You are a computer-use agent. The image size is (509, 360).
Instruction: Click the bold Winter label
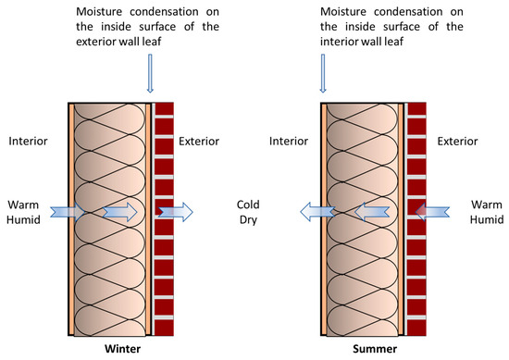click(124, 349)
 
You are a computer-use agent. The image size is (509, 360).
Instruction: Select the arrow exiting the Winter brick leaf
click(178, 212)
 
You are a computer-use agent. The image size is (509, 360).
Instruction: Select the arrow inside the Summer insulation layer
click(369, 212)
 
